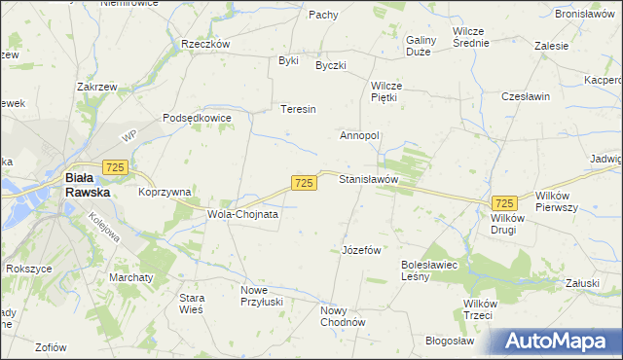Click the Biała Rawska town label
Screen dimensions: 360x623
[x=88, y=185]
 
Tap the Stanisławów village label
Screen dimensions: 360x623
[x=369, y=180]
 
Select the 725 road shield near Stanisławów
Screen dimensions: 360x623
[x=304, y=183]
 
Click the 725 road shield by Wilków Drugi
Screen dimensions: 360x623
[x=504, y=202]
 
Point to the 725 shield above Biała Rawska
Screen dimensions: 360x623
[x=116, y=168]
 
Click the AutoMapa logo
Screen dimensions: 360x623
[x=561, y=341]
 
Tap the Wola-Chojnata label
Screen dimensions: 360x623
[x=242, y=213]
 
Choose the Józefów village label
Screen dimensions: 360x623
[x=360, y=249]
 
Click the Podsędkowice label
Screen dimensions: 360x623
[x=198, y=118]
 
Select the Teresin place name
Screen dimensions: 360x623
[x=298, y=109]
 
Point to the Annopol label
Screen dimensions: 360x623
[x=358, y=135]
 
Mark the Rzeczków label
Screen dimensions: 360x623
[x=204, y=44]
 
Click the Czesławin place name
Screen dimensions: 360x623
[x=526, y=97]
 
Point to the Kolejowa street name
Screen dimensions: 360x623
[x=106, y=234]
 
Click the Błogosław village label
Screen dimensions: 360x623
[x=449, y=341]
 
